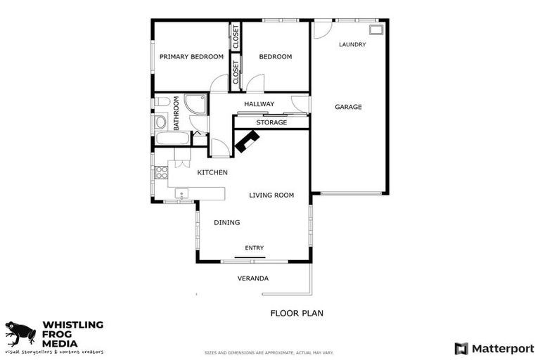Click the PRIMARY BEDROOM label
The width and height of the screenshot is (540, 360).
(191, 57)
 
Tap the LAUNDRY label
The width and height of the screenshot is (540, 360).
(352, 44)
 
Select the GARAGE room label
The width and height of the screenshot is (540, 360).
(348, 107)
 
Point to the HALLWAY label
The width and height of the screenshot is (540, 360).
(259, 104)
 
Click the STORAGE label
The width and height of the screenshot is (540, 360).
(271, 122)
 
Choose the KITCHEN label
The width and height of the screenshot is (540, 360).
(212, 172)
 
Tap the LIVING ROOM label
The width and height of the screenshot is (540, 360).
(271, 195)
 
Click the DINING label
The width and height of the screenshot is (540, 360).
(227, 222)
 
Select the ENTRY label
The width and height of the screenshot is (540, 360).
(255, 247)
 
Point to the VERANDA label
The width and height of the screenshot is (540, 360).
(253, 278)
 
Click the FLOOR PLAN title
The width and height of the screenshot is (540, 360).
(297, 313)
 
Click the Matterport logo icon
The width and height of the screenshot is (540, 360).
(461, 348)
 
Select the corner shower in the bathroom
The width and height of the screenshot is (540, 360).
(195, 104)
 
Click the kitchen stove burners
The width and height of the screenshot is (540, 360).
(161, 172)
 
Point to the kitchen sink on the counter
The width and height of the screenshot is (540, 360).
(181, 193)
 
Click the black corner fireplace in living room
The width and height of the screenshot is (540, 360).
(247, 142)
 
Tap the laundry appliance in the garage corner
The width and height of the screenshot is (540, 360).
(376, 30)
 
